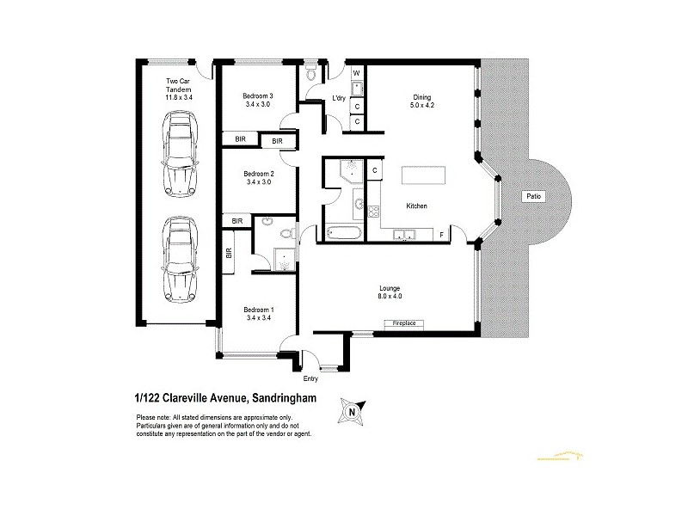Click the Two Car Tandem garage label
[177, 89]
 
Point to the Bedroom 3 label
[257, 100]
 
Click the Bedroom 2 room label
[257, 176]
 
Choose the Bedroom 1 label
[257, 314]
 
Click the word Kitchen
[417, 206]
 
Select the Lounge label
[391, 292]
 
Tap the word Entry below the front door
[310, 378]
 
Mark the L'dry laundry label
[340, 100]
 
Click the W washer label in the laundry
[357, 72]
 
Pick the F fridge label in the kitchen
[442, 234]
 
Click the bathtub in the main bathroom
[341, 231]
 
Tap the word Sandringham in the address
[292, 396]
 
